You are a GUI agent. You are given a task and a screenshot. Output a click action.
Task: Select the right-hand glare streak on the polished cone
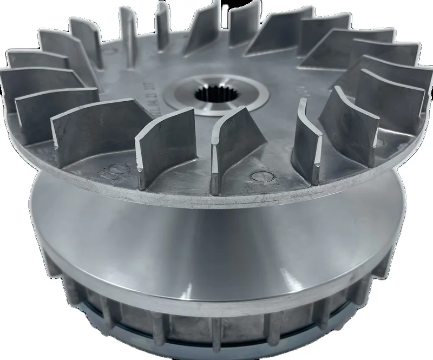303,282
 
